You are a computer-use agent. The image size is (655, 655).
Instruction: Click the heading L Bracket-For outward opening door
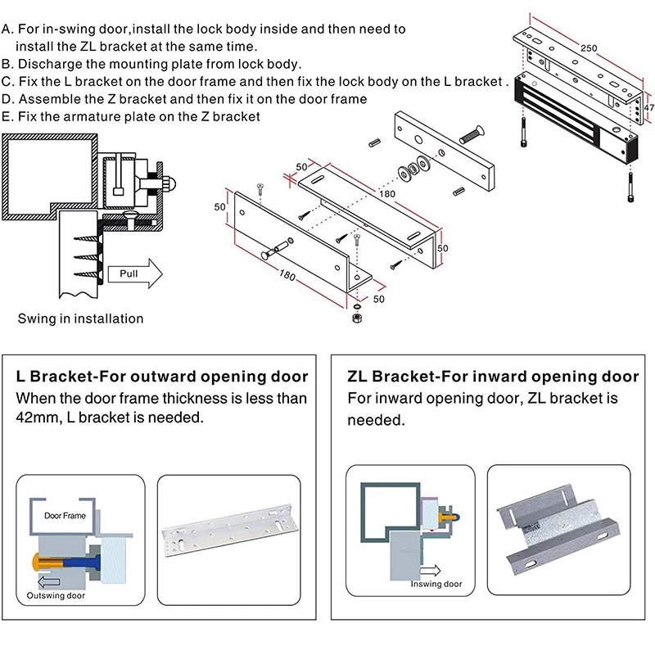point(162,377)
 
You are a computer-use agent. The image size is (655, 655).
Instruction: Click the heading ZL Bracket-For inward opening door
point(493,377)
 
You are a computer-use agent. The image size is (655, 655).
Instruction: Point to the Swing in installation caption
point(80,318)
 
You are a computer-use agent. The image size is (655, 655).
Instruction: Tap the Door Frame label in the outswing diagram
point(65,517)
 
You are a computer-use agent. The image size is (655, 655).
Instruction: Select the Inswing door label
point(436,584)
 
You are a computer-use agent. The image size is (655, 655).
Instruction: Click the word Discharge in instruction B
point(50,64)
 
